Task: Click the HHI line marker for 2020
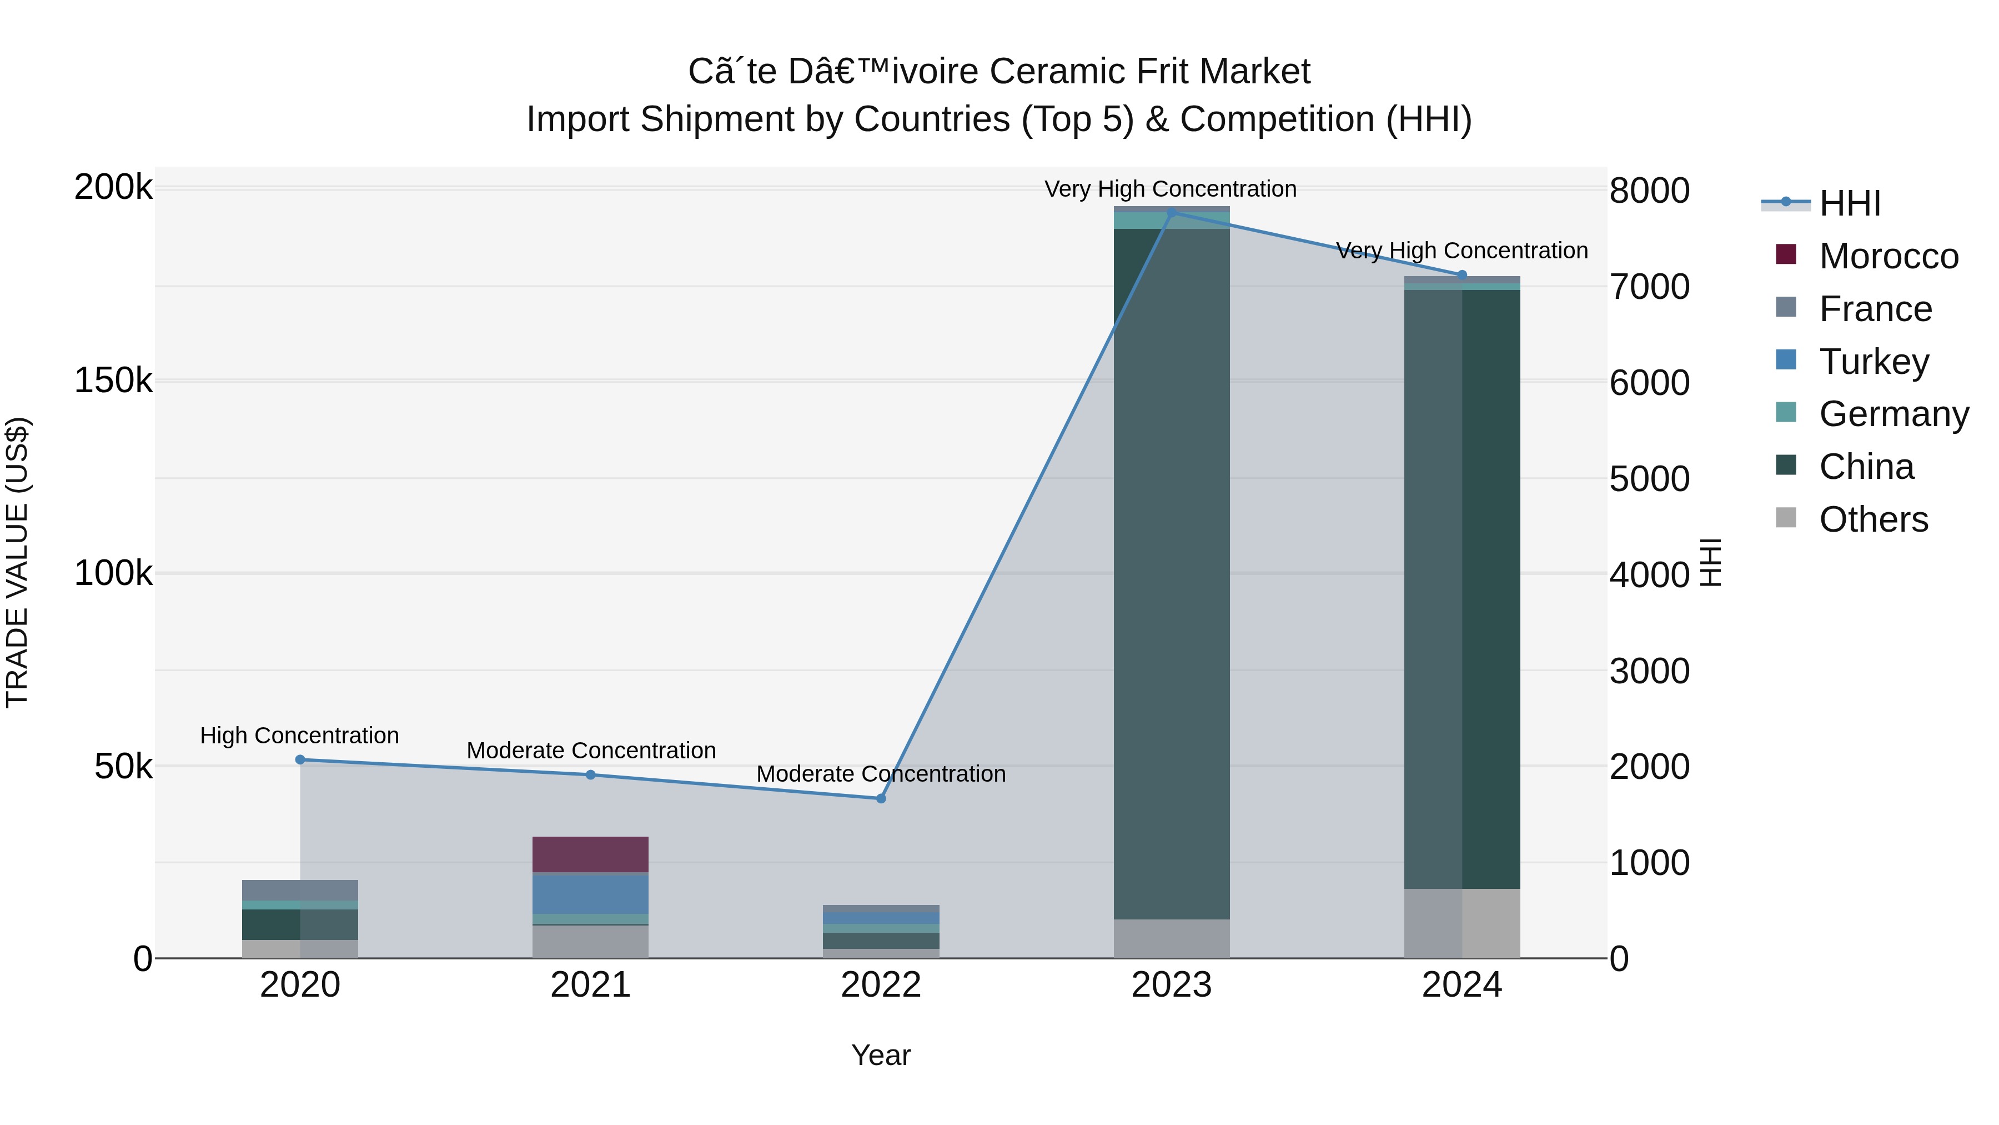click(x=300, y=759)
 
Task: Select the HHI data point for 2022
click(x=881, y=798)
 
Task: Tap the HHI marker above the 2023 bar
click(x=1172, y=212)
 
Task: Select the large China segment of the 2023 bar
click(x=1172, y=574)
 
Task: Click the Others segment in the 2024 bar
click(x=1462, y=923)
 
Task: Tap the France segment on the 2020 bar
click(x=300, y=890)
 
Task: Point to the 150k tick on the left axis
click(x=113, y=381)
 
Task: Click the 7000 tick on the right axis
click(x=1649, y=287)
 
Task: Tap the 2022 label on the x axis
click(x=881, y=985)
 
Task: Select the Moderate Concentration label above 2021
click(x=591, y=751)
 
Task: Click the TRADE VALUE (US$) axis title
click(x=17, y=562)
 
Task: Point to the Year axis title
click(x=881, y=1055)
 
